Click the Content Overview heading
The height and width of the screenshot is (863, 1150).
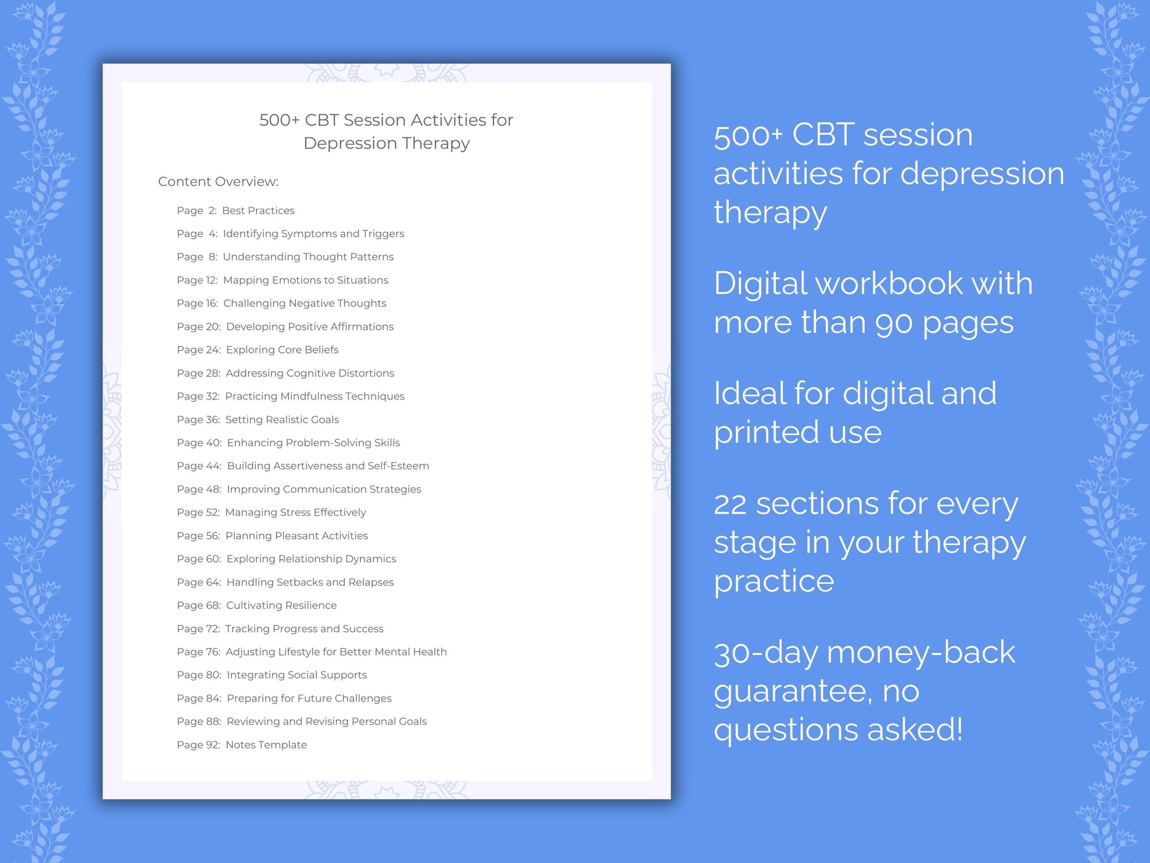click(218, 181)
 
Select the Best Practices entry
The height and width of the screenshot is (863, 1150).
click(258, 210)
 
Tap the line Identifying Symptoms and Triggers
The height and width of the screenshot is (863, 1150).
click(313, 233)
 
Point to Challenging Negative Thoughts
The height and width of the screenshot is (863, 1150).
click(304, 303)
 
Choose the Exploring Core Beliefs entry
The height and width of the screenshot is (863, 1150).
click(282, 350)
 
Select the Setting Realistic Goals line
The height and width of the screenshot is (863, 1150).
click(282, 420)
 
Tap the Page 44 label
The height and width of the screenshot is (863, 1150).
click(199, 466)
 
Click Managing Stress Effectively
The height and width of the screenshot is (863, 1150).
click(295, 512)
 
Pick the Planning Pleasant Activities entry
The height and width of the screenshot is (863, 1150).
click(297, 536)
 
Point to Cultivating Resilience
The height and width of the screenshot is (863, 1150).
click(281, 605)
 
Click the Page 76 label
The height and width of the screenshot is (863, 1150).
click(198, 652)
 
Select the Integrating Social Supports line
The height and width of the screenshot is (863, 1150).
click(297, 675)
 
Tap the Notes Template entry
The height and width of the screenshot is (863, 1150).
click(266, 745)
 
